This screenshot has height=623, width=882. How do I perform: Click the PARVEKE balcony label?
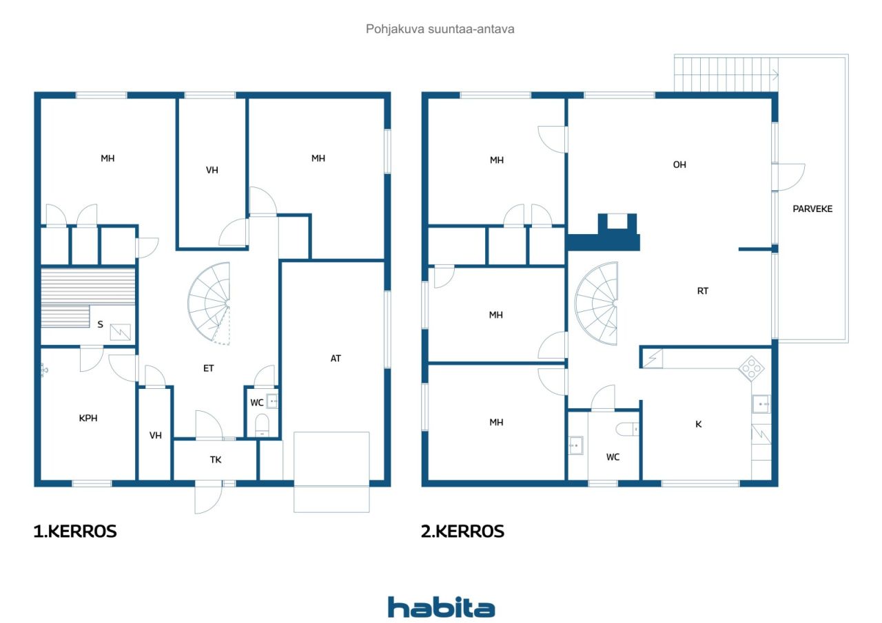click(x=812, y=209)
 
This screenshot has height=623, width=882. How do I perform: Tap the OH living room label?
click(x=679, y=165)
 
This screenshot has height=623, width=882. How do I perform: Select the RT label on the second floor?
click(x=703, y=291)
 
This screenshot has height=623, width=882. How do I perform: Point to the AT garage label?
click(x=336, y=358)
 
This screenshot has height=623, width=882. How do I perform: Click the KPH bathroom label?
click(x=88, y=418)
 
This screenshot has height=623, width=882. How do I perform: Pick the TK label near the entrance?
click(x=216, y=460)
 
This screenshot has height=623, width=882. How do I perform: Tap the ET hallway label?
click(x=208, y=368)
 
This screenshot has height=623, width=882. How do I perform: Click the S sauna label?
click(x=101, y=324)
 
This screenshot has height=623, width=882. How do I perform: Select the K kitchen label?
click(x=699, y=424)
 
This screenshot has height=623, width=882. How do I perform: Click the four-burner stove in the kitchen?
click(x=751, y=368)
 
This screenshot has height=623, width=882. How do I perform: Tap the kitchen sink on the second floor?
click(x=761, y=404)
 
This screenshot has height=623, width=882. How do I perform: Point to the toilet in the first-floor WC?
click(x=262, y=425)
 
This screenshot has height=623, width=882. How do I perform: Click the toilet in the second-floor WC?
click(x=627, y=429)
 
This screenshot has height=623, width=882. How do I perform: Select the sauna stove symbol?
click(x=120, y=332)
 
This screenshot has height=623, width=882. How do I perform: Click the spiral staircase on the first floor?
click(x=209, y=304)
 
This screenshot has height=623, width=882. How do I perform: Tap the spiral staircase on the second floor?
click(x=596, y=304)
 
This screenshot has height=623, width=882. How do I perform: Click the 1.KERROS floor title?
click(x=75, y=531)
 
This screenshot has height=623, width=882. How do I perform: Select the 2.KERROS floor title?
click(x=462, y=531)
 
